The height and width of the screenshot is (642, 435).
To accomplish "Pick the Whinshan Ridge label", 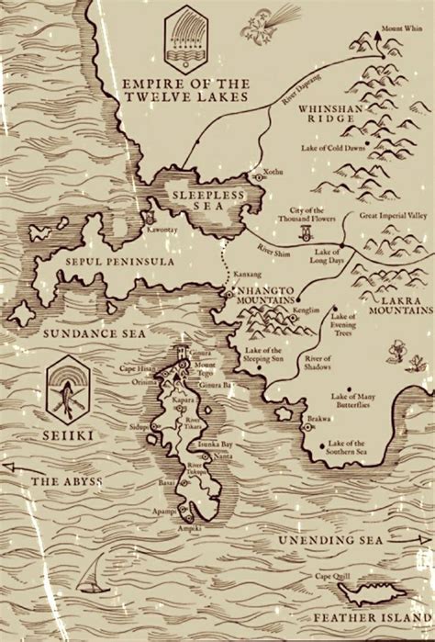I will click(x=333, y=114).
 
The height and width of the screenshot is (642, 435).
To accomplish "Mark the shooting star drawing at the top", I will click(x=269, y=22).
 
